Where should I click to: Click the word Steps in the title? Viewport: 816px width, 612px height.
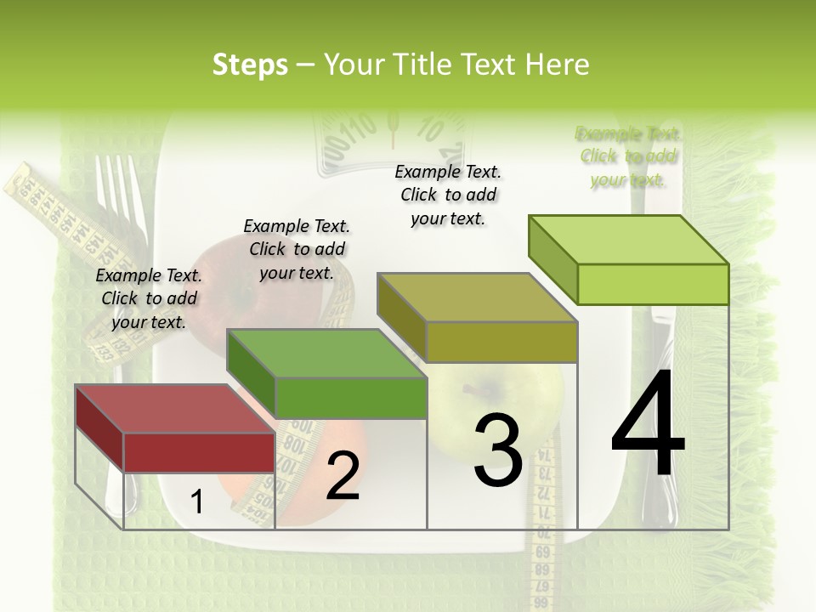[250, 65]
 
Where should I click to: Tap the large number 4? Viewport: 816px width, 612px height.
[648, 427]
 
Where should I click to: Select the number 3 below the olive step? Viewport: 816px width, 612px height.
[497, 450]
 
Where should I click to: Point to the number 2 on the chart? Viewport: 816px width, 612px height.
[343, 476]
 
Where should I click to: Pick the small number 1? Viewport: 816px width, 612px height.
[196, 502]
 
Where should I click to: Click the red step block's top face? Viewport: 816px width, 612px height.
[175, 409]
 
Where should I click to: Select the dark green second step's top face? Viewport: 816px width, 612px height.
[326, 354]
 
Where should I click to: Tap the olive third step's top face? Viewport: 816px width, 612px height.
[477, 297]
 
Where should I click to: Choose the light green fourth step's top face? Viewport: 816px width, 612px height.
[628, 240]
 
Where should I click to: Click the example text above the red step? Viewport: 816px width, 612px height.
[149, 298]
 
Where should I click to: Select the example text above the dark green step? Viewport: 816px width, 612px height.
[297, 249]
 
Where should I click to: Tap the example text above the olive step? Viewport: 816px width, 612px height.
[448, 195]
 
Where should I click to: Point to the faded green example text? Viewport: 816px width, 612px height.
[628, 156]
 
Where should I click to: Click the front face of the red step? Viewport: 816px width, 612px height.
[200, 451]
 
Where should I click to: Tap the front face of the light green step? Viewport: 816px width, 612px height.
[653, 284]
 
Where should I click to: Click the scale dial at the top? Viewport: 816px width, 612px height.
[391, 136]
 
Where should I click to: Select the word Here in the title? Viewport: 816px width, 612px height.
[558, 65]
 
